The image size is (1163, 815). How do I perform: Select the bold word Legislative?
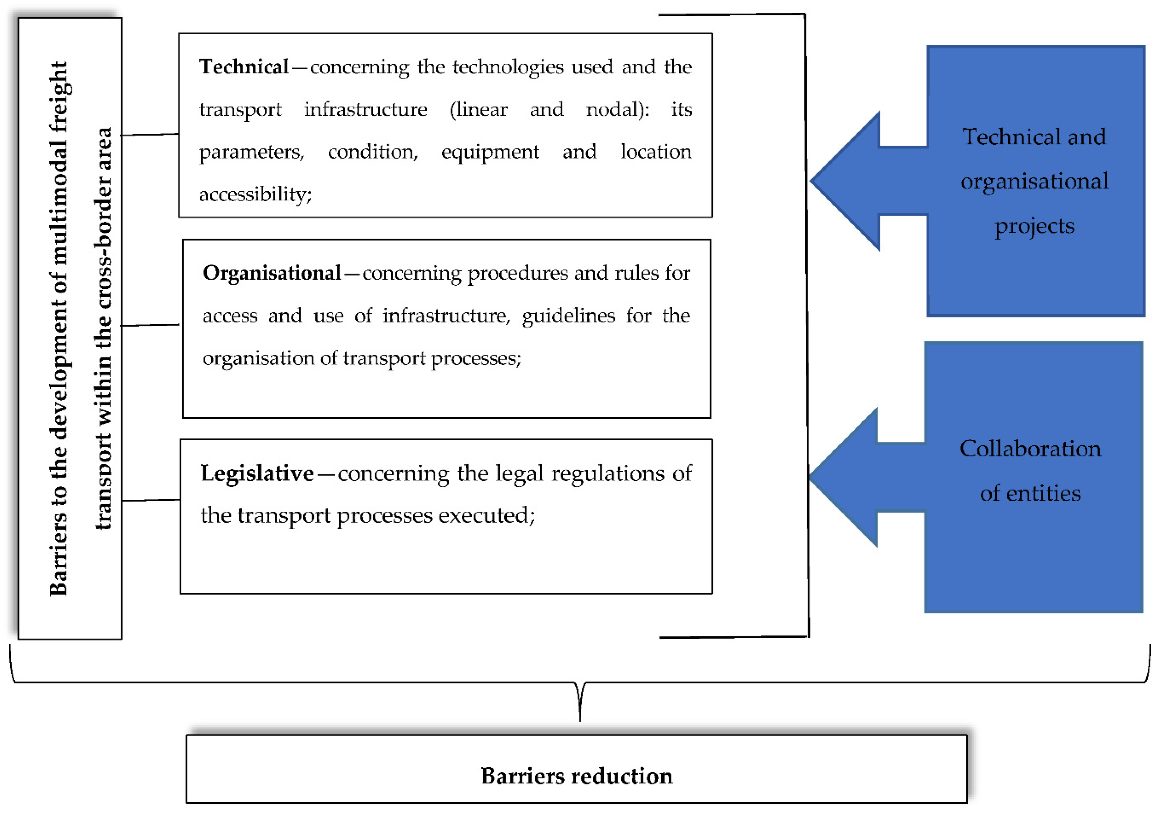(257, 473)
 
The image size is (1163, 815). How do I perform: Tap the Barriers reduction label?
(577, 776)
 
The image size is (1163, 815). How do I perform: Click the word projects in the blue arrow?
(1034, 225)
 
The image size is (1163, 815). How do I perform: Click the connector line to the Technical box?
(150, 134)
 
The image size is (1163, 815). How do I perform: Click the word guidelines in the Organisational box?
(568, 316)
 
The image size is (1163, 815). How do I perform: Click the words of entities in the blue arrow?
(1030, 493)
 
